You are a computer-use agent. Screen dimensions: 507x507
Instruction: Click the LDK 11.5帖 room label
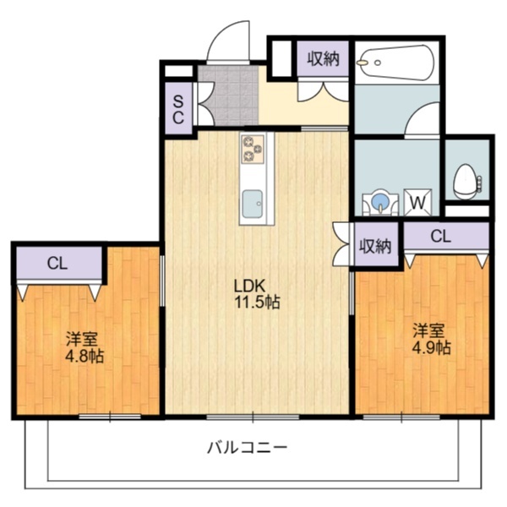coord(257,294)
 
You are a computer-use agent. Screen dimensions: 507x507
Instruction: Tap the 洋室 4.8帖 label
coord(84,347)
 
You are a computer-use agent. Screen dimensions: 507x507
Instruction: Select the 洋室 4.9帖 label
coord(431,339)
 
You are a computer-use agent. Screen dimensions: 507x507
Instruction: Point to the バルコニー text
coord(248,448)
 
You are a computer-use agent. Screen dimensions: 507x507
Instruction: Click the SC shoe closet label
coord(178,110)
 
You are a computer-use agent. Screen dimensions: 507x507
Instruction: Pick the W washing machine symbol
coord(417,203)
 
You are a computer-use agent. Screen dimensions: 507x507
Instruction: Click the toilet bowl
coord(465,181)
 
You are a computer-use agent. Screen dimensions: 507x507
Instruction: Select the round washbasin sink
coord(380,201)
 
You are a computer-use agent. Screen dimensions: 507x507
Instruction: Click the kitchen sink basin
coord(253,204)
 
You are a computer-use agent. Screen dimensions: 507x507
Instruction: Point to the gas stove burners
coord(253,149)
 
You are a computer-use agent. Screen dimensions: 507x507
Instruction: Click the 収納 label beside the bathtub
coord(324,59)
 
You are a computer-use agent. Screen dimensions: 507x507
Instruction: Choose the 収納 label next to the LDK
coord(376,247)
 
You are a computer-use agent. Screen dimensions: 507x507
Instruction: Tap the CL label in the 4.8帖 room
coord(57,264)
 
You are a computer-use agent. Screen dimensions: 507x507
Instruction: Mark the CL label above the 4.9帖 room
coord(441,237)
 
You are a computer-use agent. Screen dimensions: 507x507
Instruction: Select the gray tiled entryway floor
coord(228,95)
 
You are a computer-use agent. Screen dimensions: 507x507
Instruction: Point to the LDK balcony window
coord(253,417)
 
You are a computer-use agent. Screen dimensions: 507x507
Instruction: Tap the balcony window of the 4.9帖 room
coord(401,417)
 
